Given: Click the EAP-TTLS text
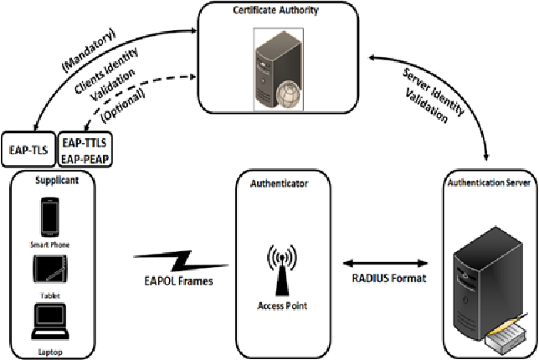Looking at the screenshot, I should click(x=85, y=144).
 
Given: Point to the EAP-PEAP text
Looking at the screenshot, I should click(x=85, y=157).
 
